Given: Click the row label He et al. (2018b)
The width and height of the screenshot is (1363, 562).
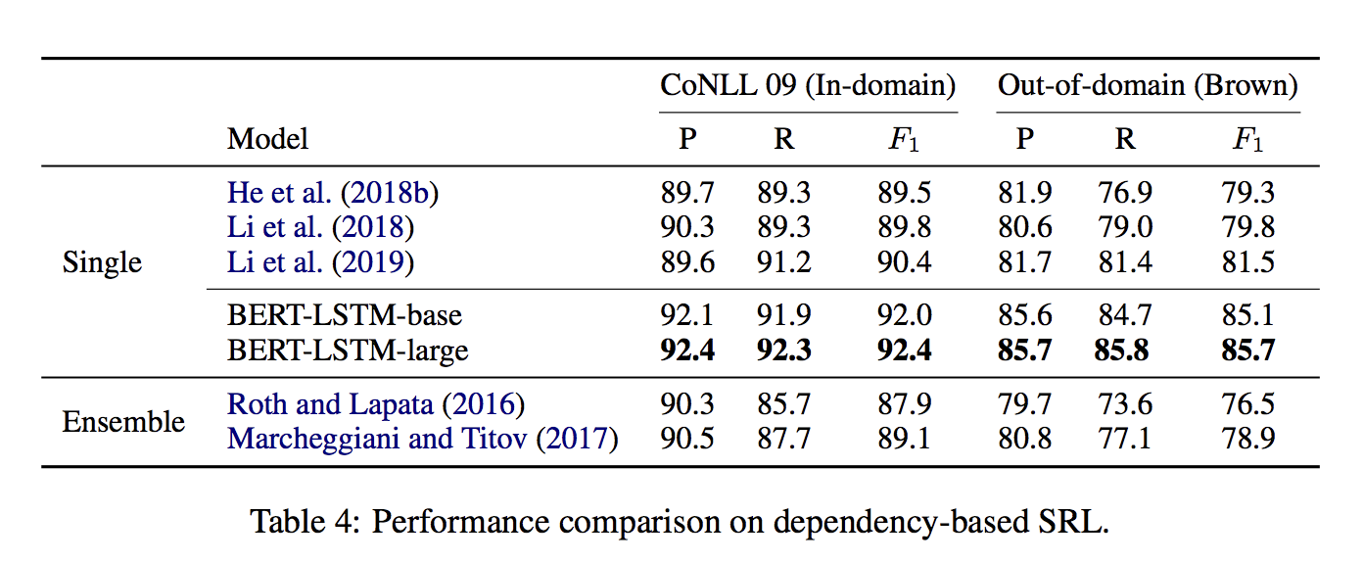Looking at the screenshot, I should (x=333, y=193).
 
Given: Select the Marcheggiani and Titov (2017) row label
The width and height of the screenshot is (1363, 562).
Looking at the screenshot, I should (x=423, y=439).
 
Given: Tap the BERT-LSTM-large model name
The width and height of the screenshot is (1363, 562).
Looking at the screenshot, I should (x=348, y=350).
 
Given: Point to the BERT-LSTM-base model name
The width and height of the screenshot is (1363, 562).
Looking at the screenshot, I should (x=345, y=315).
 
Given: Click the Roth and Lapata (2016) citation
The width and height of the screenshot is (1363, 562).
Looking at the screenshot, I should (x=376, y=404).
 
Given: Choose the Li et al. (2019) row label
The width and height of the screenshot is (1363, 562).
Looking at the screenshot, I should (x=320, y=262).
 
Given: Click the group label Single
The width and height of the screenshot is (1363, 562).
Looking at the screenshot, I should (x=102, y=262).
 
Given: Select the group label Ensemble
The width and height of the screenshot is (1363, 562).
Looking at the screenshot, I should (x=123, y=422).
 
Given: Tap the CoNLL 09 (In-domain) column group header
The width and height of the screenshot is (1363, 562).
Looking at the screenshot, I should (x=808, y=86).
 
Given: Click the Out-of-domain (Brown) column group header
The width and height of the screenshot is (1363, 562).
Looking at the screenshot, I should (x=1148, y=86).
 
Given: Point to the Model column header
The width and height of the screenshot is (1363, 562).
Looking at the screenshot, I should (x=267, y=139).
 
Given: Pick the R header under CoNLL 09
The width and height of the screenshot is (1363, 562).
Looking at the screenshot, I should (x=783, y=139).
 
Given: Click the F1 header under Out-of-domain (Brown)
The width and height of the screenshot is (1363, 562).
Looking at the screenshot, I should (x=1247, y=140).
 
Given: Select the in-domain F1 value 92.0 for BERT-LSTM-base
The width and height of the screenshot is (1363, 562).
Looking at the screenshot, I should (x=904, y=315).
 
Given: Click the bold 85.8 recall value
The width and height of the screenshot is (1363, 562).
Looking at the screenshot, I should (x=1121, y=350).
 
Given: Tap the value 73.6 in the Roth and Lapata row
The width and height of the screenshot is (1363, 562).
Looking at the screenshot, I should (x=1124, y=404).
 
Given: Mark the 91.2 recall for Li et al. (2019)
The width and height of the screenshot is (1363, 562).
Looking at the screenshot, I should (x=783, y=262).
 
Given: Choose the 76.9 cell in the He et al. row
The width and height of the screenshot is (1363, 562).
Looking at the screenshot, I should (x=1124, y=193).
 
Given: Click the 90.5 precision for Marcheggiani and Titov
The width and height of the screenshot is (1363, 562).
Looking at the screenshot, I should (x=687, y=439).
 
